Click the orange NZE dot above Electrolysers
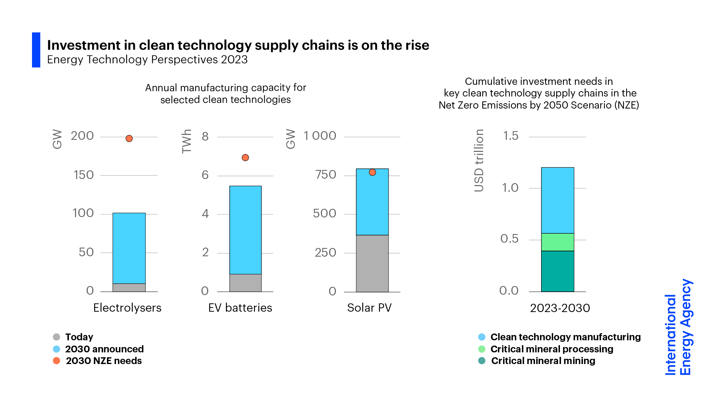tap(129, 139)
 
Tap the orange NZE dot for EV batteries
tap(245, 158)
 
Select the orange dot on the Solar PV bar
tap(372, 172)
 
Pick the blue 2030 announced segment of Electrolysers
tap(129, 248)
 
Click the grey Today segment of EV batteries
tap(245, 283)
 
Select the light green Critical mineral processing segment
tap(557, 242)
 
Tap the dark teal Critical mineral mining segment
tap(557, 271)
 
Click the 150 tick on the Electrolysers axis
tap(84, 175)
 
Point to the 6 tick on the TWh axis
tap(205, 175)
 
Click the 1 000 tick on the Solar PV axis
tap(320, 136)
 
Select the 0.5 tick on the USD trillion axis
tap(509, 239)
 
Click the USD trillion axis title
tap(479, 161)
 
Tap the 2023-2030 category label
tap(560, 308)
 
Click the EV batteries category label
tap(240, 308)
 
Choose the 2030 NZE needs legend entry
tap(104, 361)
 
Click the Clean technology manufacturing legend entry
tap(565, 337)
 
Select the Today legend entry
tap(79, 337)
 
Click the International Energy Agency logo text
tap(678, 327)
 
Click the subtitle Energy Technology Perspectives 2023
tap(147, 60)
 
